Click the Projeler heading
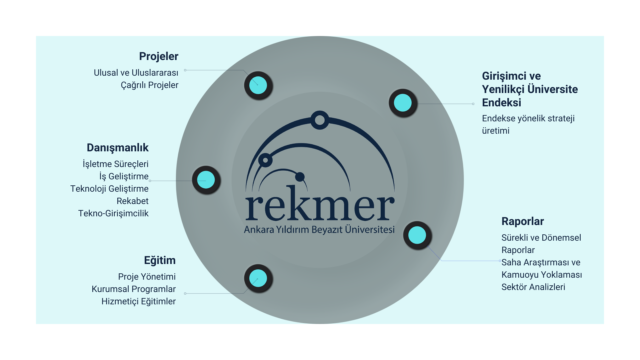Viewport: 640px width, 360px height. [x=159, y=56]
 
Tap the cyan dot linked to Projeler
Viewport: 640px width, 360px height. [x=258, y=85]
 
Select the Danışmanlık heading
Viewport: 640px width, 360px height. [x=118, y=148]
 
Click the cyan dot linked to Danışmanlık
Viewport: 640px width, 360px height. [x=206, y=180]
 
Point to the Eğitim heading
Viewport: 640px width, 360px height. [x=160, y=260]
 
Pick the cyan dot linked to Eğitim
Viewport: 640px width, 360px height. [x=258, y=278]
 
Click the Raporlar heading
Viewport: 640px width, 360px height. [x=522, y=221]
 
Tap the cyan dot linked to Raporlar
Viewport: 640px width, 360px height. [x=417, y=235]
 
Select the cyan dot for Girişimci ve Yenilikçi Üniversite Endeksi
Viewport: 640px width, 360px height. [x=403, y=103]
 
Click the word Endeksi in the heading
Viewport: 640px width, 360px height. [x=501, y=103]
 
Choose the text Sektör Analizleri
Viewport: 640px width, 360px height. [x=533, y=287]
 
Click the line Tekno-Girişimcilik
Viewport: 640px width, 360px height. [x=113, y=213]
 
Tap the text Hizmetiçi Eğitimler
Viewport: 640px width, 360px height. [x=138, y=301]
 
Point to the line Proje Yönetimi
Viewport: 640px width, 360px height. [x=147, y=277]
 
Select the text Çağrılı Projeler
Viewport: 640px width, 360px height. [x=149, y=85]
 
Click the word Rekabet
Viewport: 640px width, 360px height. [x=132, y=201]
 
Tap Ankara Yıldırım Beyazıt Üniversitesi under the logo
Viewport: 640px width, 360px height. [x=319, y=230]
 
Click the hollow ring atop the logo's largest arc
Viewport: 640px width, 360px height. [x=320, y=120]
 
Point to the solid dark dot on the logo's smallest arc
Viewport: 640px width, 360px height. [x=300, y=177]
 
